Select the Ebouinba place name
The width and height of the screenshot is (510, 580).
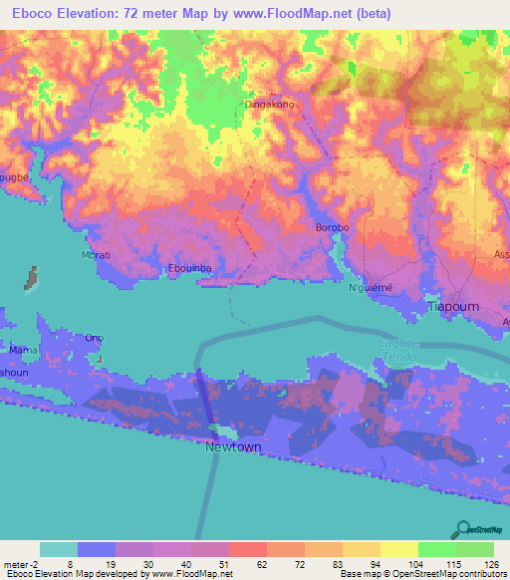[x=189, y=267]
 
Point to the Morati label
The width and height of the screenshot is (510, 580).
[x=96, y=255]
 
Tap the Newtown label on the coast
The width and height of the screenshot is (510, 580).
[x=233, y=447]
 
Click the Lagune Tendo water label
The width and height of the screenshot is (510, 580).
[x=399, y=350]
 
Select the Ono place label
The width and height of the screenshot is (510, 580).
[x=95, y=337]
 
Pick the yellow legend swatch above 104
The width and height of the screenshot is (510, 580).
[x=399, y=549]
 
